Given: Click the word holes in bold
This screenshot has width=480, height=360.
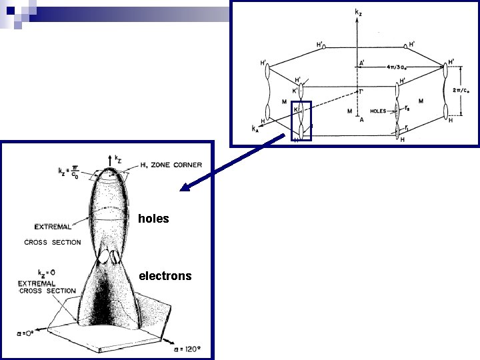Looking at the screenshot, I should click(153, 219).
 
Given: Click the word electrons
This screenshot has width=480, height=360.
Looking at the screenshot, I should click(165, 276).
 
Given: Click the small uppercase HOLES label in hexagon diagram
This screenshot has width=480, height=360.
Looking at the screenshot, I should click(379, 111).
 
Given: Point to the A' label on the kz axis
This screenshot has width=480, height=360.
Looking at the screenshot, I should click(362, 63).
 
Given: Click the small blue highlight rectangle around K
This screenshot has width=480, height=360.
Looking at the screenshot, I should click(301, 121).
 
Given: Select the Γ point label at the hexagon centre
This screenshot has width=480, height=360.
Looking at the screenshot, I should click(361, 91).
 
